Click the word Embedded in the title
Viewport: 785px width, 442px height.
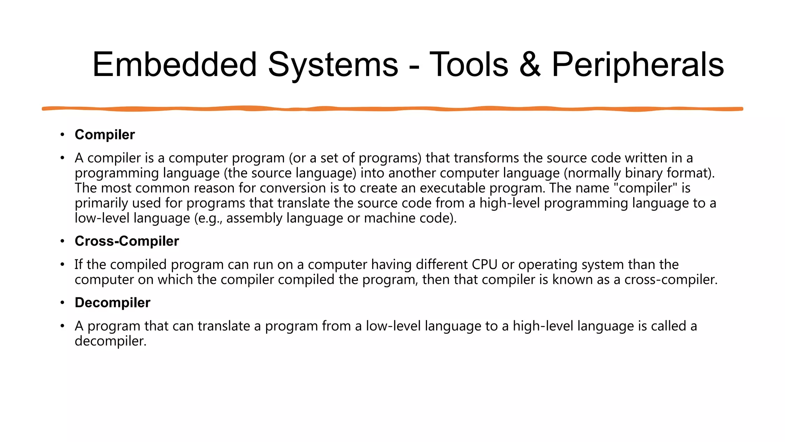(x=174, y=64)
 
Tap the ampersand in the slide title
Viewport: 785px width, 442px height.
(x=530, y=64)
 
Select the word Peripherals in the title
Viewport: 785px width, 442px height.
(x=637, y=64)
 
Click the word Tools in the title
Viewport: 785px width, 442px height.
(x=468, y=64)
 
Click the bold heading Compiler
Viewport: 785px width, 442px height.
(x=105, y=135)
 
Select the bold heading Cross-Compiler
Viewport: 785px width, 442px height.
(x=126, y=241)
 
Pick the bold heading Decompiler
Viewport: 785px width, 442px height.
(x=112, y=303)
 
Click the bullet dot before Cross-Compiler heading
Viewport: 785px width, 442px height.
(x=62, y=241)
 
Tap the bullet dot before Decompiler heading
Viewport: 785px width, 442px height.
(x=62, y=303)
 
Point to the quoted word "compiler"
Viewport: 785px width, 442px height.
(x=645, y=188)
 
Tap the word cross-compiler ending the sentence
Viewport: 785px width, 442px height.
(x=670, y=279)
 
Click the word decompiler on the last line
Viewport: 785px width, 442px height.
(x=110, y=341)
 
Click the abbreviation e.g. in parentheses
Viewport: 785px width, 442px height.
(x=209, y=218)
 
